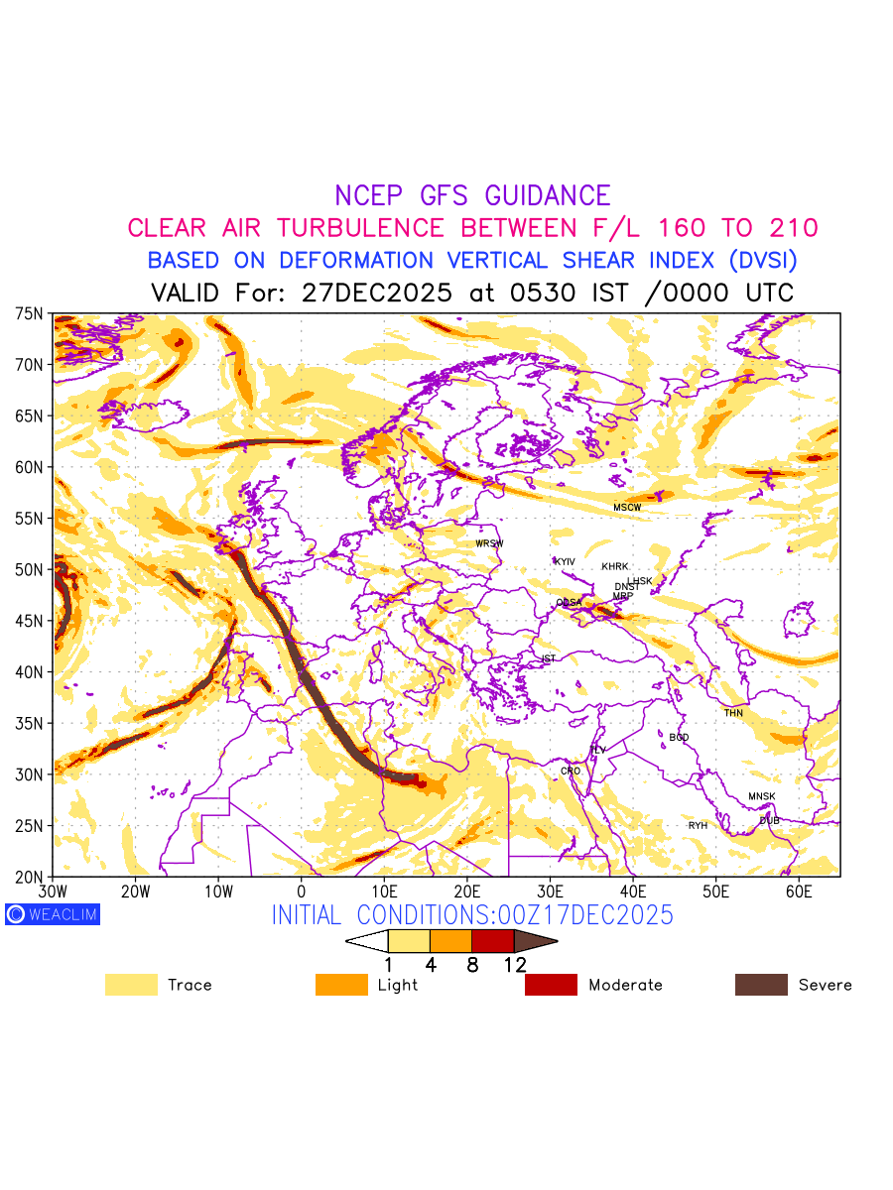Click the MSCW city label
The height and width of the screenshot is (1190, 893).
pos(627,508)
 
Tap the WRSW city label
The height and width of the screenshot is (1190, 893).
pos(489,543)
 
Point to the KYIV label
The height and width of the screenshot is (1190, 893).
pos(565,562)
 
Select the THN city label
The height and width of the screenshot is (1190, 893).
pos(733,713)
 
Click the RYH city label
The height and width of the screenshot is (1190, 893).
pos(699,826)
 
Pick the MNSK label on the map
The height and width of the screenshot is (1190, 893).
pos(762,797)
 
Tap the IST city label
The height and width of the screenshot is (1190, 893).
pos(549,658)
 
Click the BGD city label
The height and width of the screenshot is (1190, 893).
pos(679,738)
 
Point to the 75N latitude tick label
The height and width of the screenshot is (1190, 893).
pos(30,313)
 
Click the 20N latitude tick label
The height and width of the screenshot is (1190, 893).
pos(30,877)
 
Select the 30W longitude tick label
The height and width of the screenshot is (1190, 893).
pos(53,892)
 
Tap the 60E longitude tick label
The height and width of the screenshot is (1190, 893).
pos(799,892)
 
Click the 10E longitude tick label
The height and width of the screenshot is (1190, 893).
pos(384,892)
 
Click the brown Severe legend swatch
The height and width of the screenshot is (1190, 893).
pos(761,985)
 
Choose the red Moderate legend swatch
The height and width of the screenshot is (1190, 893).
pos(551,985)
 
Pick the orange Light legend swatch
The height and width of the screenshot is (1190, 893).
pos(341,985)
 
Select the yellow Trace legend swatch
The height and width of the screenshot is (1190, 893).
pos(131,985)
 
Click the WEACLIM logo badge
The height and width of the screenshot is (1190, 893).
pos(53,914)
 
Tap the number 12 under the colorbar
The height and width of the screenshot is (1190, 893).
pos(514,964)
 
